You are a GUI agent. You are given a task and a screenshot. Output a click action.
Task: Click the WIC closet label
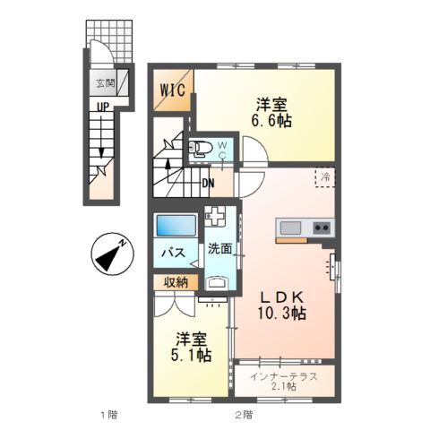[x=173, y=90]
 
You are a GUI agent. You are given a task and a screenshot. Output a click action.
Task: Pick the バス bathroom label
[x=173, y=253]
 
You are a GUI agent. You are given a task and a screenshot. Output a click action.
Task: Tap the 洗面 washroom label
[x=219, y=247]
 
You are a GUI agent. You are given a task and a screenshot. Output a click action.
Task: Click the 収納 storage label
[x=176, y=283]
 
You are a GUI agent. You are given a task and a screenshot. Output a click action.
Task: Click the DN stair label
[x=208, y=185]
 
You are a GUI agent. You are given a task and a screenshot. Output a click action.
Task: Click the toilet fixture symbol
[x=202, y=149]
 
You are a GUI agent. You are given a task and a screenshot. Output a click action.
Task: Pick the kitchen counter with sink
[x=304, y=228]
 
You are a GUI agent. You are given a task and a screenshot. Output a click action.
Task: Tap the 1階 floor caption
[x=107, y=415]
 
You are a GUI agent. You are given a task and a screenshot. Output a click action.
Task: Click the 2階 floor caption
[x=243, y=415]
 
